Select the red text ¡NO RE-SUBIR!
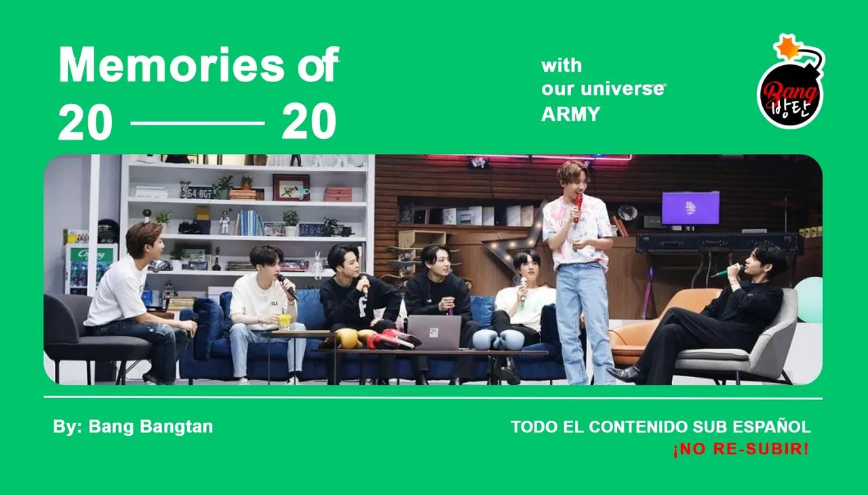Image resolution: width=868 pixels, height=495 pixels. pyautogui.click(x=741, y=450)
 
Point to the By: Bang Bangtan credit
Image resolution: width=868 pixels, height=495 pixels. pyautogui.click(x=133, y=427)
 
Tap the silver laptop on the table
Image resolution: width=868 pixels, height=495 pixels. pyautogui.click(x=434, y=332)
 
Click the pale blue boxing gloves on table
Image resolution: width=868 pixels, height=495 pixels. pyautogui.click(x=494, y=338)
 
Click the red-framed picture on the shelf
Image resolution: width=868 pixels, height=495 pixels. pyautogui.click(x=291, y=186)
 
